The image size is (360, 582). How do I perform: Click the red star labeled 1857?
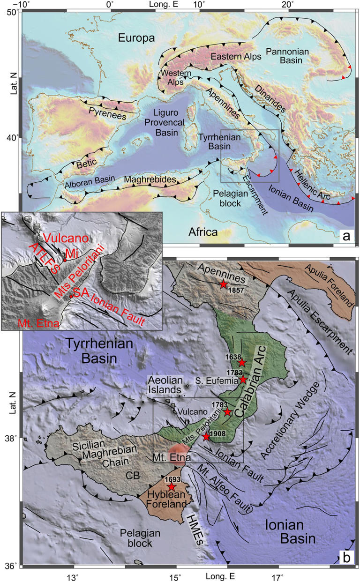point(224,284)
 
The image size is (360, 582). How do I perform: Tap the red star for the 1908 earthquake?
point(206,437)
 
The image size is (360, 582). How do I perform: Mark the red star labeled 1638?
point(242,363)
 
